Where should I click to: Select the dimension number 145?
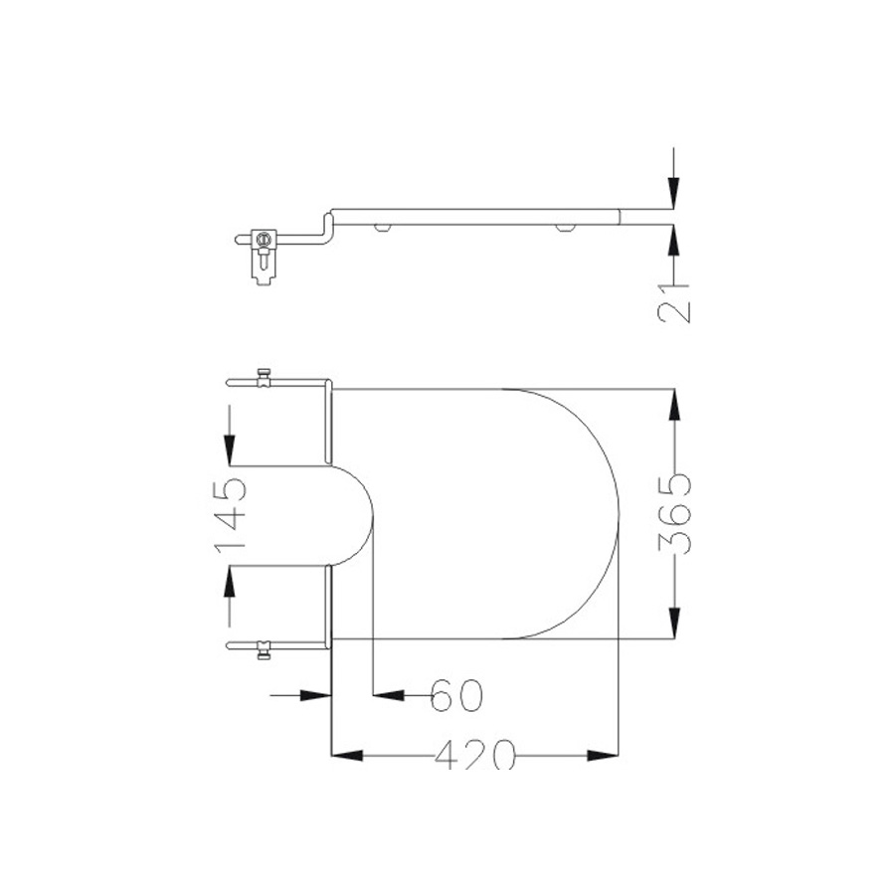(x=230, y=514)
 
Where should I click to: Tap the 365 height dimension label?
(x=676, y=514)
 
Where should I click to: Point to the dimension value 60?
(x=455, y=695)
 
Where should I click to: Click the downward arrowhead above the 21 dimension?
(x=674, y=193)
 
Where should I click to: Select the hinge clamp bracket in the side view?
(x=264, y=254)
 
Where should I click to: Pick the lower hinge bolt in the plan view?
(x=264, y=651)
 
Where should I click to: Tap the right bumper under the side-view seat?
(x=566, y=228)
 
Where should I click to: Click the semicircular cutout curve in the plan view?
(x=372, y=514)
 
